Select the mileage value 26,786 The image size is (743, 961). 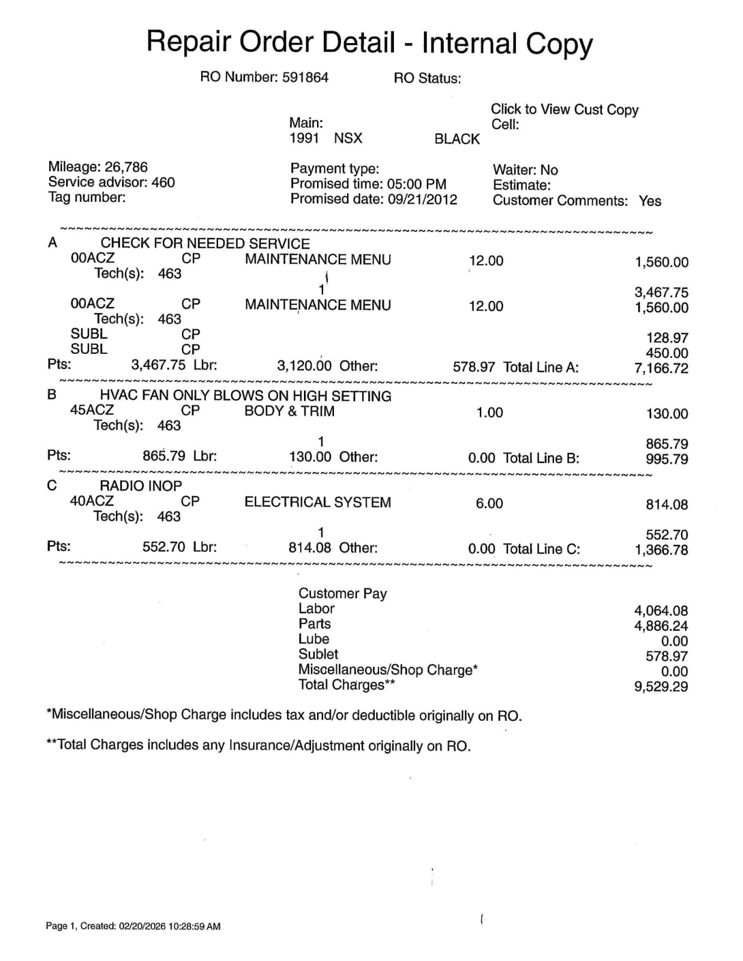pos(126,167)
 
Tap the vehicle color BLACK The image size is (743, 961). pos(457,139)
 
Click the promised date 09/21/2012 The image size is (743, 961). pos(422,199)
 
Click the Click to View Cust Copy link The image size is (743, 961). pos(564,109)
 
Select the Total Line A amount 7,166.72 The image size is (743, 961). pos(661,368)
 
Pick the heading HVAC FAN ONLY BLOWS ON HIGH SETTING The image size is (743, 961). pos(245,396)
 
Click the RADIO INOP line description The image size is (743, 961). pos(141,486)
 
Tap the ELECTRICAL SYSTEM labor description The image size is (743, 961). pos(317,502)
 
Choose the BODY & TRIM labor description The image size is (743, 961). pos(289,411)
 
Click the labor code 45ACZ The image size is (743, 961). pos(92,411)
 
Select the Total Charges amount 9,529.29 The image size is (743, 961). pos(661,687)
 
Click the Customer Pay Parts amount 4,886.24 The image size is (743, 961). pos(661,626)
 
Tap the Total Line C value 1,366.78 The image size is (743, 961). pos(661,550)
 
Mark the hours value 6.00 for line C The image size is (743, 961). pos(489,503)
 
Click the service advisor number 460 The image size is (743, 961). pos(163,183)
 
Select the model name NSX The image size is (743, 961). pos(348,139)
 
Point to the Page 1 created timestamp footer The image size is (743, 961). pos(133,926)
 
